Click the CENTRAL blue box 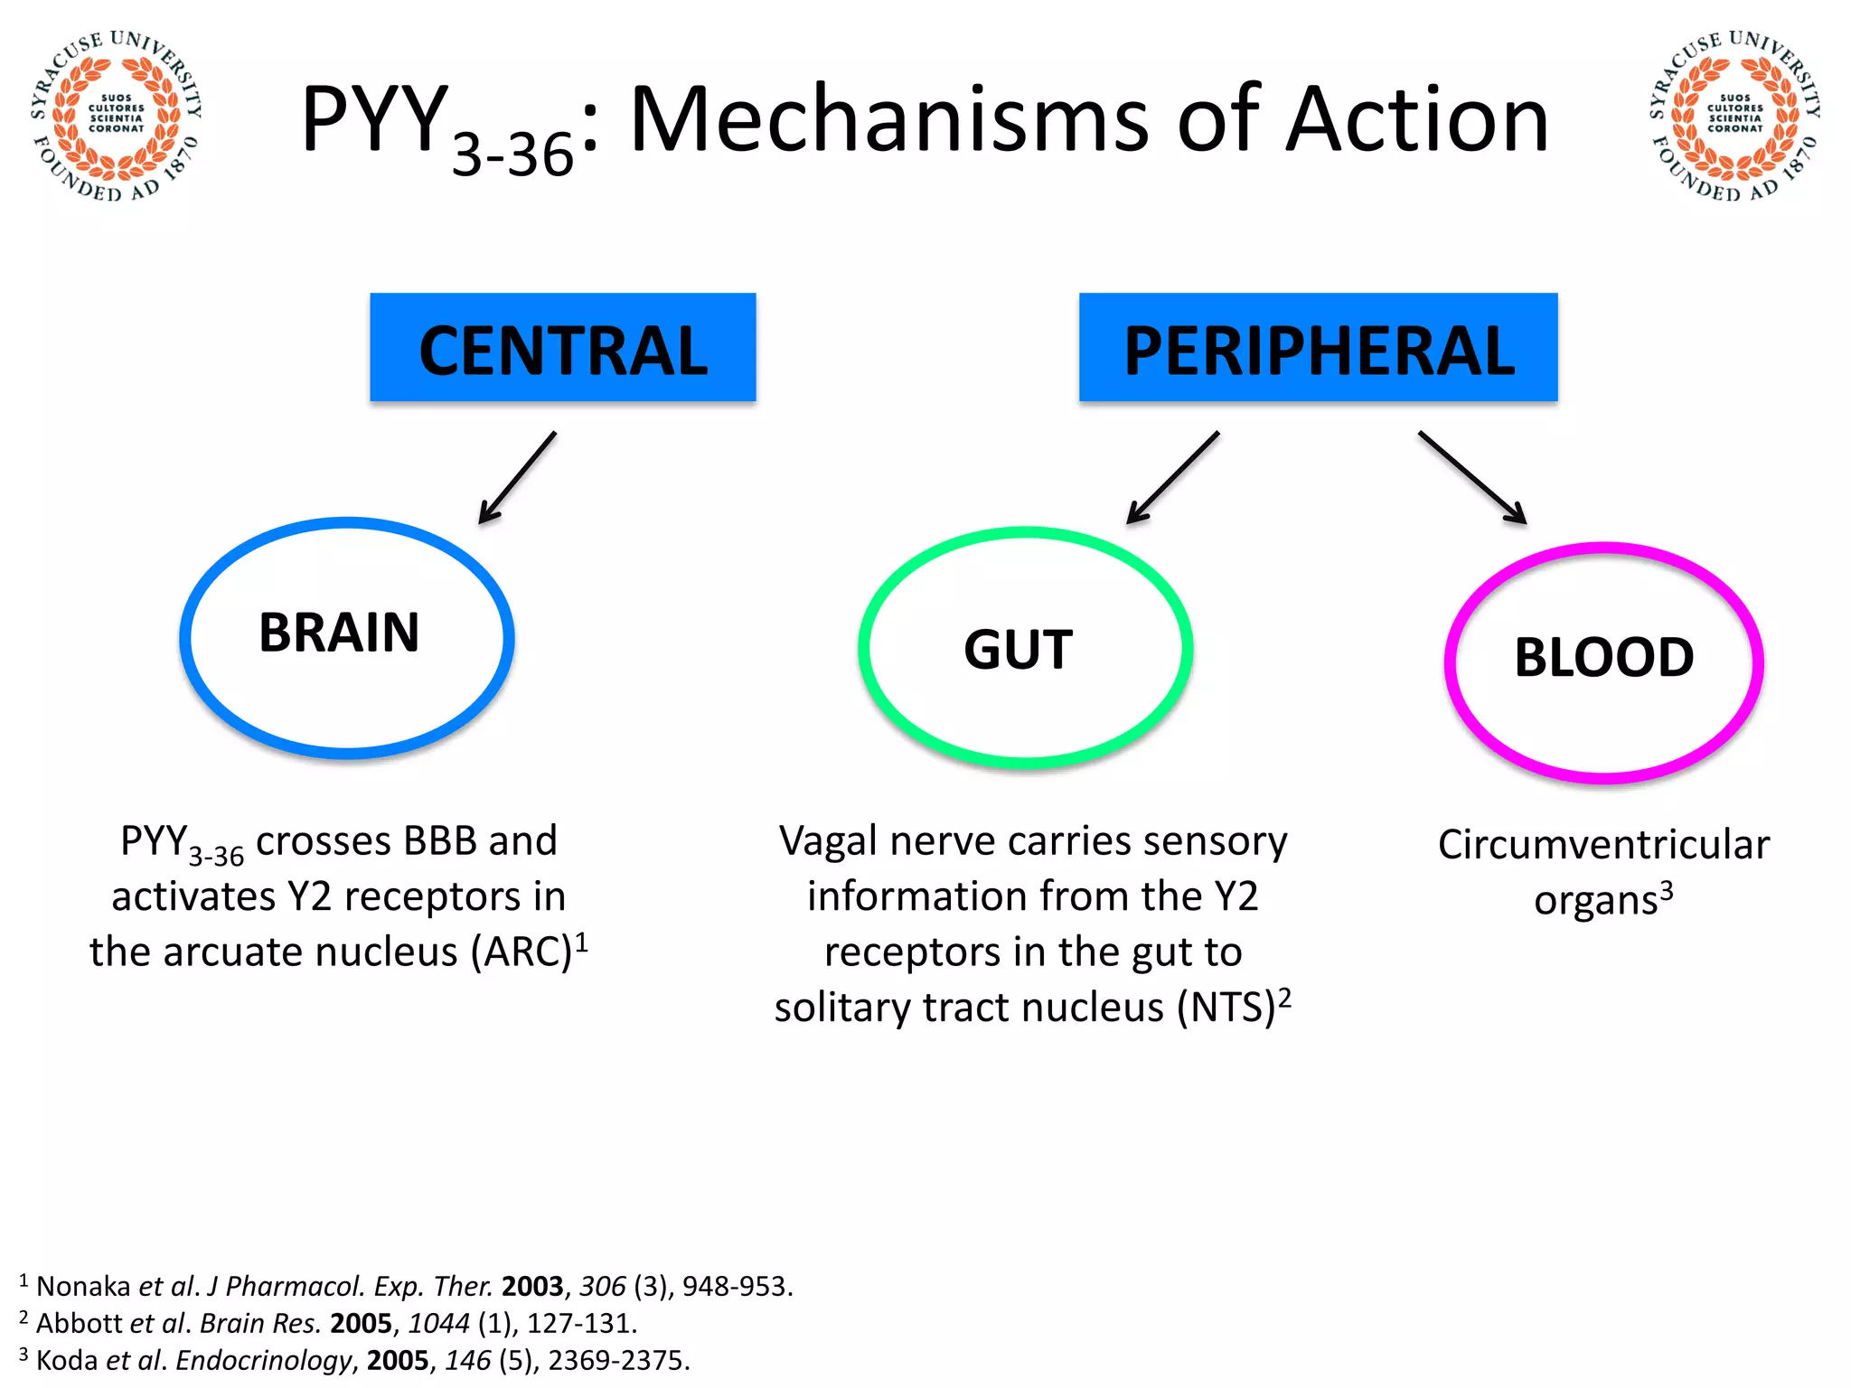point(562,348)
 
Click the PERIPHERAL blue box point(1318,348)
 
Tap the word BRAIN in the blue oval point(339,633)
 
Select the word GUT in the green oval point(1018,650)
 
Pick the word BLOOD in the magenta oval point(1603,658)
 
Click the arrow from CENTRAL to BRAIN point(517,478)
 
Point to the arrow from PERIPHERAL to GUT point(1172,478)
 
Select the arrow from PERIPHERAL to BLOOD point(1472,478)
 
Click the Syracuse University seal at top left point(116,116)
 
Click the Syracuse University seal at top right point(1734,116)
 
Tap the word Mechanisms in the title point(889,120)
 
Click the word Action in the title point(1416,120)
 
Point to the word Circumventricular point(1603,845)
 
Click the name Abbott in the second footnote point(79,1323)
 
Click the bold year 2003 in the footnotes point(532,1286)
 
